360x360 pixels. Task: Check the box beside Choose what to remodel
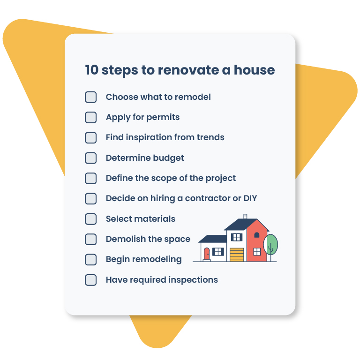pos(90,97)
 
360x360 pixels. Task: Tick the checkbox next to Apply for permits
pos(90,117)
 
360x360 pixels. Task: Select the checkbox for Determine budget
pos(90,158)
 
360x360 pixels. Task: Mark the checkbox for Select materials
pos(90,219)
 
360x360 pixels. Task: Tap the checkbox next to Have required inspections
pos(90,280)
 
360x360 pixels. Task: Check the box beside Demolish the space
pos(90,239)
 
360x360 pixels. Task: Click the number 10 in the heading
pos(92,70)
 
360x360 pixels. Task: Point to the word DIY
pos(250,198)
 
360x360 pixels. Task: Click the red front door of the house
pos(207,254)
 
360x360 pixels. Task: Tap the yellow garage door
pos(237,255)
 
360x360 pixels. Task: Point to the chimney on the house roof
pos(245,217)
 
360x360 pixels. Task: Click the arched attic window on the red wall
pos(256,235)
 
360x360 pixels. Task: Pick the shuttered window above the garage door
pos(237,237)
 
